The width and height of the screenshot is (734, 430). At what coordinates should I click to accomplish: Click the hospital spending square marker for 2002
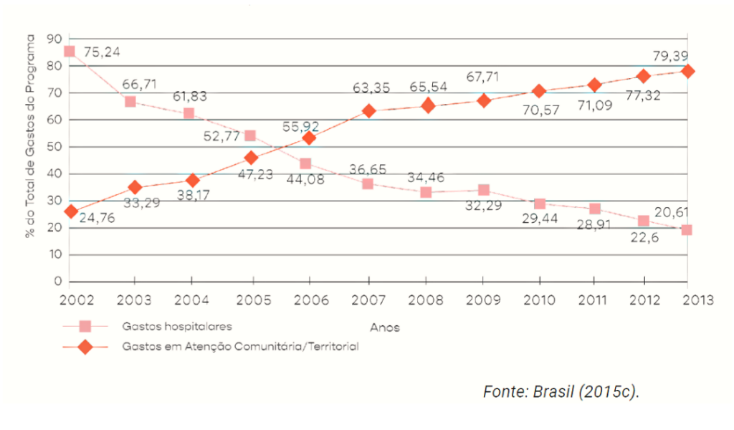[70, 52]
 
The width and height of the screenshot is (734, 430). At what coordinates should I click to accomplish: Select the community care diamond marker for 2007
[368, 111]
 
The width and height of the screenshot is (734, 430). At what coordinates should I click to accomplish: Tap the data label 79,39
[671, 55]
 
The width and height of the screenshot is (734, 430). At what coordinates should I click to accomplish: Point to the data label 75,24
[102, 52]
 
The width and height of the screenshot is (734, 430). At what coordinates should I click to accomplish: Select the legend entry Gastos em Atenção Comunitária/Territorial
[239, 346]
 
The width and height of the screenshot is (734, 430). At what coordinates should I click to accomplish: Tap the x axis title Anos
[384, 328]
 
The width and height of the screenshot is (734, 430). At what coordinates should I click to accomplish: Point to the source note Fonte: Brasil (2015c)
[561, 392]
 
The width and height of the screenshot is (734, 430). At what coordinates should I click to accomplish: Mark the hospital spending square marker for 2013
[686, 230]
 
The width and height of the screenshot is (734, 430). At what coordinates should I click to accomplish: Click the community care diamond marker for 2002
[70, 211]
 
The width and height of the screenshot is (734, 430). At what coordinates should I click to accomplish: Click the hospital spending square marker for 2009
[484, 191]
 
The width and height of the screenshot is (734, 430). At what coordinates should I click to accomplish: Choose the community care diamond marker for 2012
[644, 76]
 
